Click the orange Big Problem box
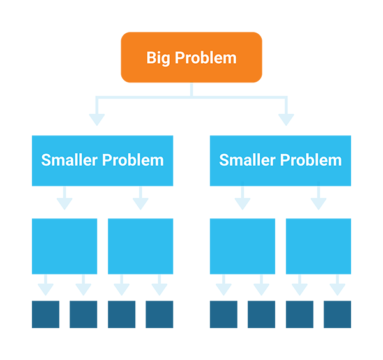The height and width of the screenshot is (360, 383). click(x=191, y=57)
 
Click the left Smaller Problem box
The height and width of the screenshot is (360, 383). click(x=103, y=160)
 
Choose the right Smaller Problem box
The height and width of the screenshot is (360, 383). click(x=280, y=160)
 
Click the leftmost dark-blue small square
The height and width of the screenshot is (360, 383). click(x=46, y=313)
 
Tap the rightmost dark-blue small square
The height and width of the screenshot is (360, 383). click(x=337, y=313)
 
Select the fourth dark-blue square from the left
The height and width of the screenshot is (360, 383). click(x=159, y=313)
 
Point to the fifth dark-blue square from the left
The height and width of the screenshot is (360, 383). click(x=224, y=313)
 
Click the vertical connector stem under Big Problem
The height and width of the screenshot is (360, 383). click(x=191, y=90)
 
